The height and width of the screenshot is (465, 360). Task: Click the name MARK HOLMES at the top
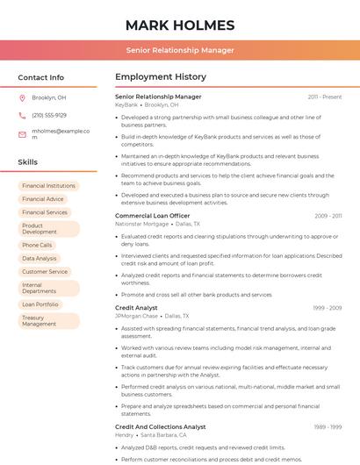(180, 25)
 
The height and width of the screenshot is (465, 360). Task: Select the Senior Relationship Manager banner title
(180, 50)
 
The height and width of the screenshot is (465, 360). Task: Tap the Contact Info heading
(40, 77)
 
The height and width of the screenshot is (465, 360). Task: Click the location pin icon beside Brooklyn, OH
(22, 98)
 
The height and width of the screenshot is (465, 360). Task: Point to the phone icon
(22, 116)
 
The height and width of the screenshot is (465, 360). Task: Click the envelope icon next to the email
(22, 134)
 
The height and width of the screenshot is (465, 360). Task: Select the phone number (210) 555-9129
(49, 116)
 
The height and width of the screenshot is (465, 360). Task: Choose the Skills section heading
(28, 162)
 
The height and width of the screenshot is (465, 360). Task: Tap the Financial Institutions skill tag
(49, 186)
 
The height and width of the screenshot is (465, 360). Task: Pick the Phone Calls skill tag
(37, 246)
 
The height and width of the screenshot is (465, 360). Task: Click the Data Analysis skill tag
(40, 259)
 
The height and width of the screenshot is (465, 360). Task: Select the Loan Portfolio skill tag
(40, 304)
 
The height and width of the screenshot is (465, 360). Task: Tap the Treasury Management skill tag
(40, 321)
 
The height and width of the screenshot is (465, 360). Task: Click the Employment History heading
(161, 77)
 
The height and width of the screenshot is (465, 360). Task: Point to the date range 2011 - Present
(324, 97)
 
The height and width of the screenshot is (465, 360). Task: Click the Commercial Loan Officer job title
(152, 216)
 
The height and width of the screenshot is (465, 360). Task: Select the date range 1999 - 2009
(327, 308)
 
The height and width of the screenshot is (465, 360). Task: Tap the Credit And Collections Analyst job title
(160, 426)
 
